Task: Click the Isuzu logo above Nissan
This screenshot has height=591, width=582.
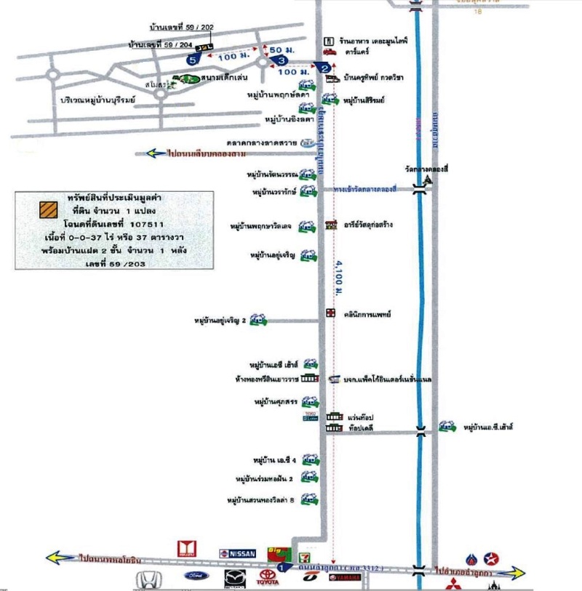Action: pyautogui.click(x=187, y=547)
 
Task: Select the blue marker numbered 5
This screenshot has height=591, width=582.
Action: pyautogui.click(x=192, y=61)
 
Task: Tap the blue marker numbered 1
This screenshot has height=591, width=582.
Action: pyautogui.click(x=282, y=566)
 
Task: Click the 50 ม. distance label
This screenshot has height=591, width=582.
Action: pyautogui.click(x=278, y=49)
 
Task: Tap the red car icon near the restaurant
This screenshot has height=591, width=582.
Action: pyautogui.click(x=330, y=52)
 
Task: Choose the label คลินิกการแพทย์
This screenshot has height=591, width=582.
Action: pyautogui.click(x=368, y=314)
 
